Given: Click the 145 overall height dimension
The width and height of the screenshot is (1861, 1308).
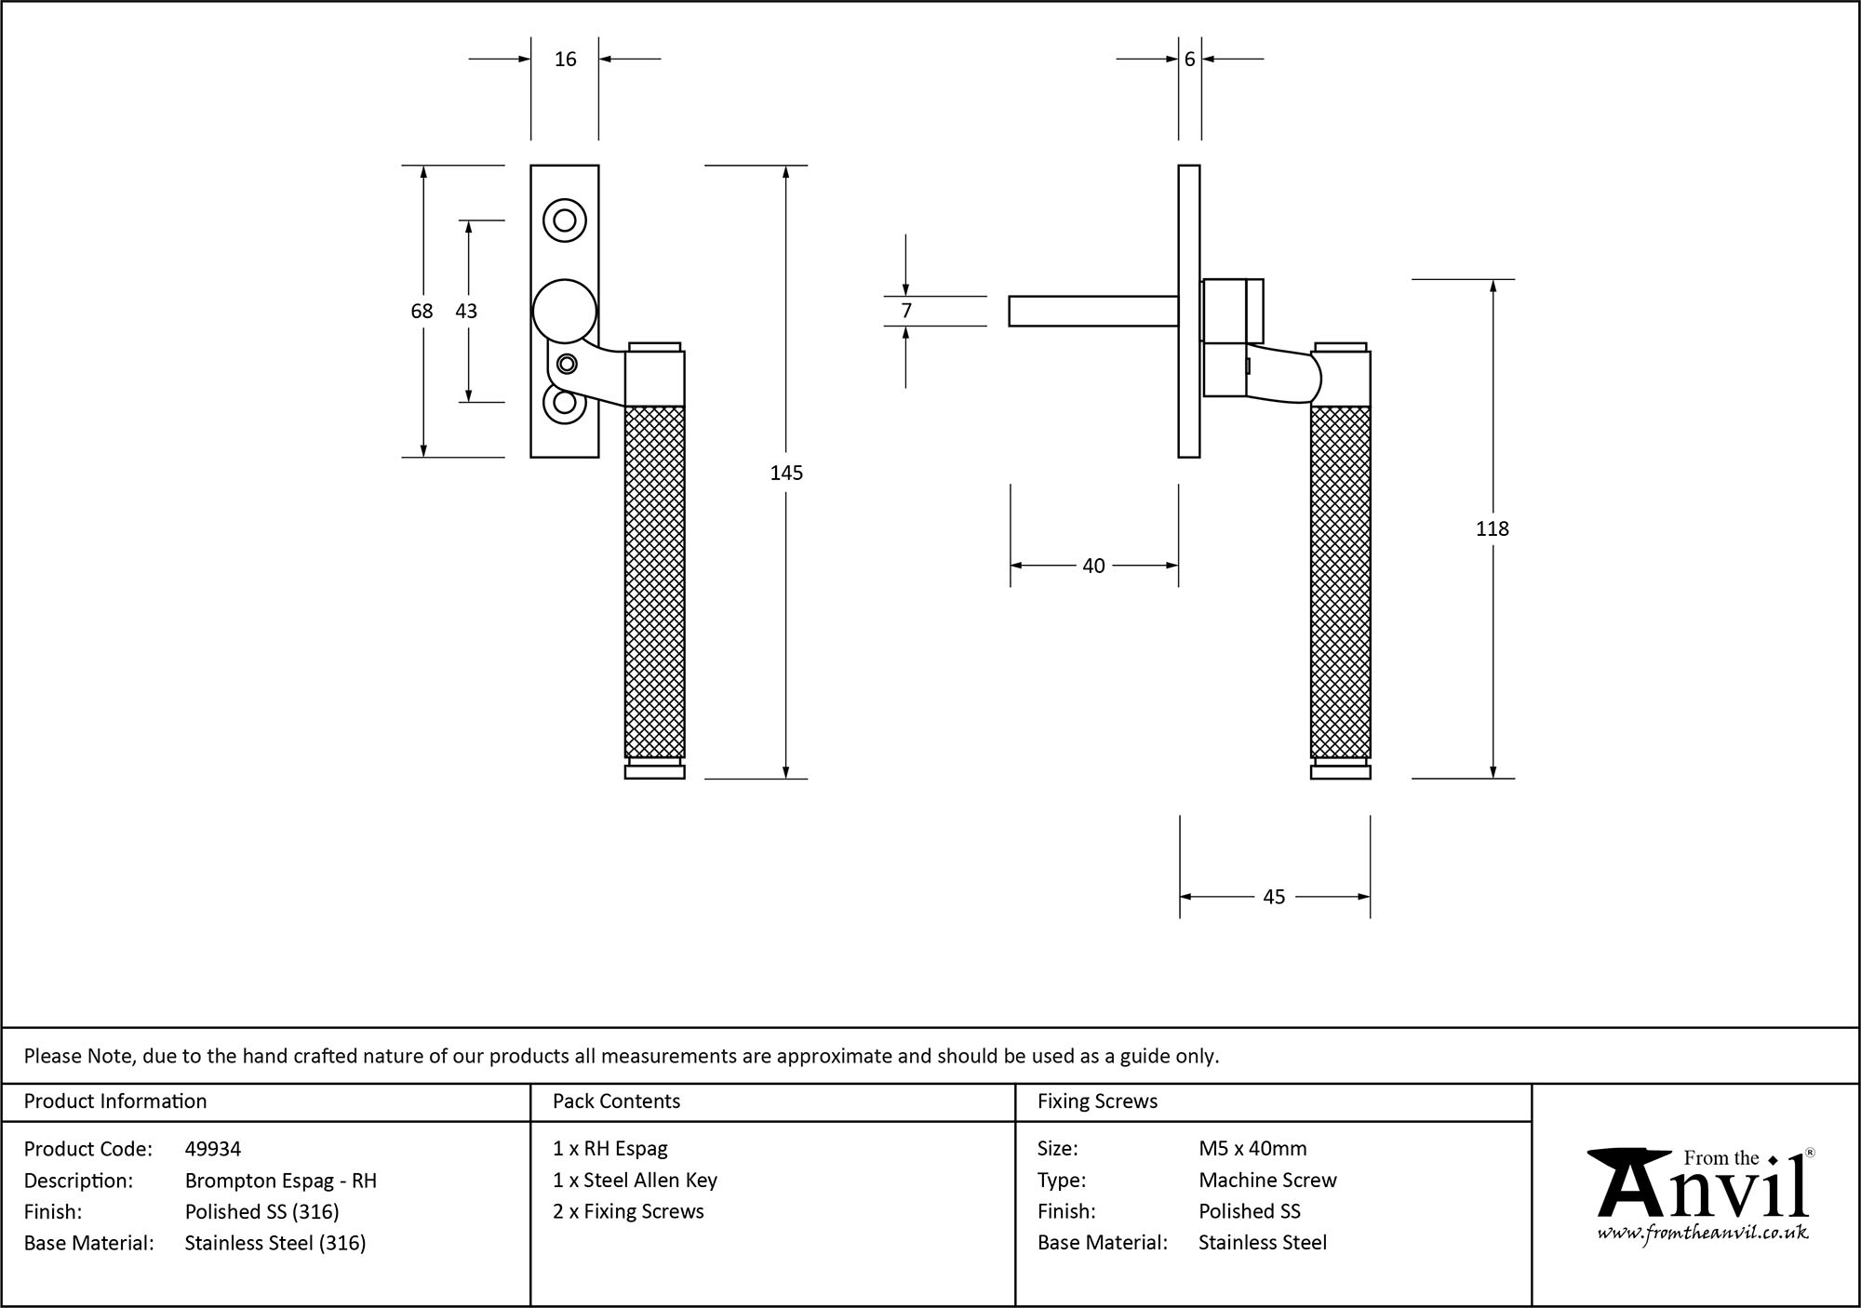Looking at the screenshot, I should point(786,473).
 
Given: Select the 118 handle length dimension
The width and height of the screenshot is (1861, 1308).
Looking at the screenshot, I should point(1492,528).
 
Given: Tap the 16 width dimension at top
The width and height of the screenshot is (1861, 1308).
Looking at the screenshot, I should point(565,60).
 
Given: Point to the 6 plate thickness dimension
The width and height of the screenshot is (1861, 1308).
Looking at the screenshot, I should point(1189,60).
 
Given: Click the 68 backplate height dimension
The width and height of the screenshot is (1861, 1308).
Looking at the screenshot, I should point(422,311).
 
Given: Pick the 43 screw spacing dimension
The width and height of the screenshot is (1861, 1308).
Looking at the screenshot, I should point(466,311).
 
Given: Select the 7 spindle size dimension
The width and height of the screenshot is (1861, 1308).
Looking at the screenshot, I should point(906,311).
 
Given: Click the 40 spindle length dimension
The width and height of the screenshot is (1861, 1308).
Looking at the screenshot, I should point(1093,566).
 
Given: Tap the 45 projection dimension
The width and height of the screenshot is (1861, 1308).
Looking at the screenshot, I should point(1274,897).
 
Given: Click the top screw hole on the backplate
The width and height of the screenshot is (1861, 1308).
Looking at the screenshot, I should point(565,220).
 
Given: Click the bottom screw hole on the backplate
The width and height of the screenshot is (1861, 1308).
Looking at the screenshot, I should point(564,403).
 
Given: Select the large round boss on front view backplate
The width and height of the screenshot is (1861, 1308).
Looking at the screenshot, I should point(564,311).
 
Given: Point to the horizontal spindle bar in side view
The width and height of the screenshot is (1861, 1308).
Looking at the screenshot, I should point(1093,311).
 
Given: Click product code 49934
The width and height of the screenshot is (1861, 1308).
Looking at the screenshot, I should point(213,1149).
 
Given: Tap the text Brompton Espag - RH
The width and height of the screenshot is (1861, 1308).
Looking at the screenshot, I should point(280,1181).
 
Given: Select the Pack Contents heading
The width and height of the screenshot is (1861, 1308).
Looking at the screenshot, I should point(616,1101).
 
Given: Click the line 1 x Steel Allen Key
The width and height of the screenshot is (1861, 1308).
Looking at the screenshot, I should point(635,1181).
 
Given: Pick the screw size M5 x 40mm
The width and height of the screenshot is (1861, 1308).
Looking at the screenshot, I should point(1252,1149).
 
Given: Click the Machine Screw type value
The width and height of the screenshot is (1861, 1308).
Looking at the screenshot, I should point(1267,1181).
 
